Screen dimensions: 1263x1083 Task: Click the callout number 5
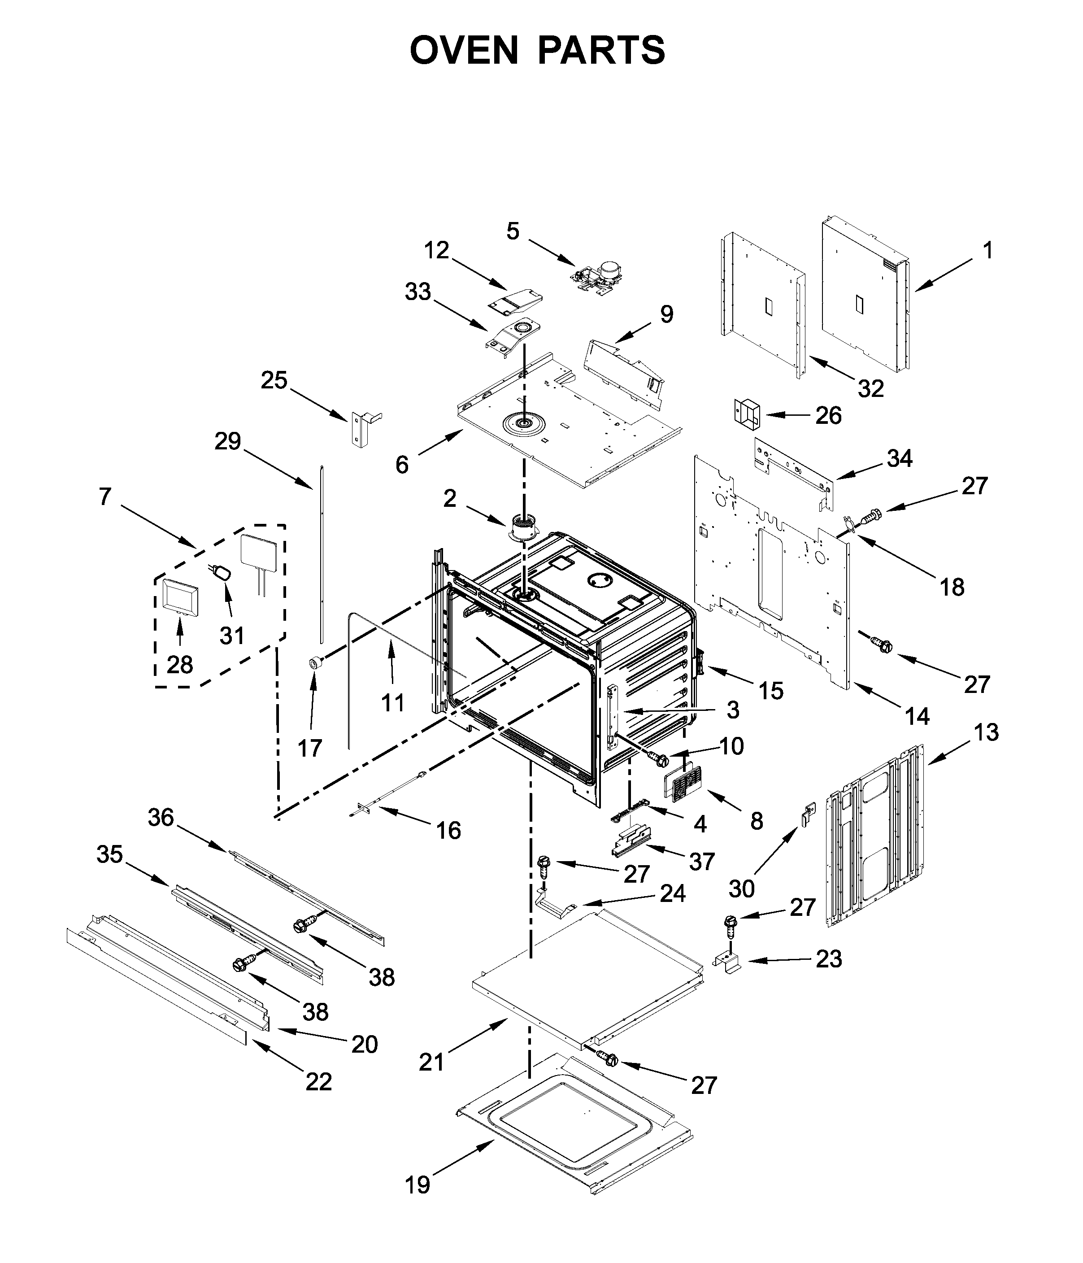coord(513,231)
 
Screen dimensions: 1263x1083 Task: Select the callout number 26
coord(828,416)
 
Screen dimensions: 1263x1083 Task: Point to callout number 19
coord(418,1185)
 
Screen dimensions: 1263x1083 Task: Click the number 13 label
coord(986,732)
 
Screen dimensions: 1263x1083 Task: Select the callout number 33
coord(418,292)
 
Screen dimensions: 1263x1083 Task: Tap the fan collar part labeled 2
coord(523,527)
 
